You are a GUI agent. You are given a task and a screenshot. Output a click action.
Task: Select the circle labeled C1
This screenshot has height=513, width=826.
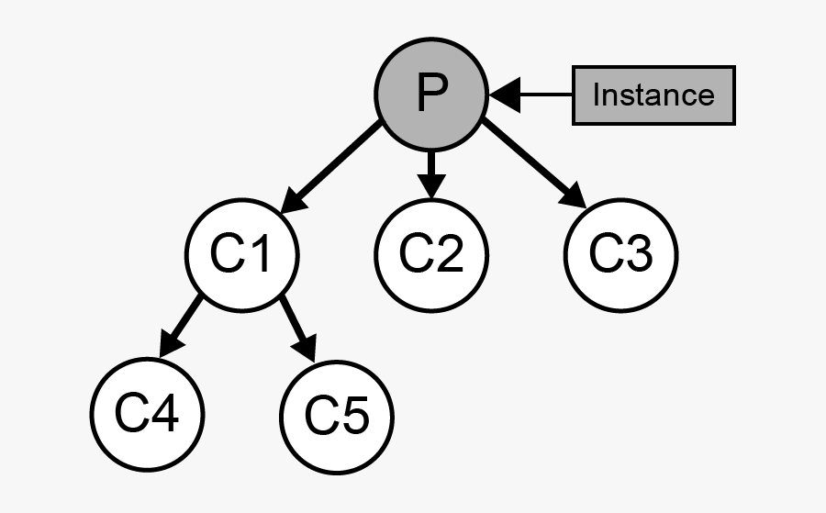[242, 254]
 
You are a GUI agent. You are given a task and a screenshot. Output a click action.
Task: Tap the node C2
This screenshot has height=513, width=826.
[432, 254]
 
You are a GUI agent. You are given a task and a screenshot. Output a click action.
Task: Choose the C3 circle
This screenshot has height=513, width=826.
[620, 254]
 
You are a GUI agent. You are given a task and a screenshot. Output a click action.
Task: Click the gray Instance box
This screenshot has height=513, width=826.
[653, 95]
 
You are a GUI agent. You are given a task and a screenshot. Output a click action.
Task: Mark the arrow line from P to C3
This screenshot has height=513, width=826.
[528, 160]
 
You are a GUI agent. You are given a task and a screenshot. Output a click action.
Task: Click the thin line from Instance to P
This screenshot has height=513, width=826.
[547, 94]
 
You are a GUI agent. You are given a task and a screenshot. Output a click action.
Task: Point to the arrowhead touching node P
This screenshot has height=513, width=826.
[504, 94]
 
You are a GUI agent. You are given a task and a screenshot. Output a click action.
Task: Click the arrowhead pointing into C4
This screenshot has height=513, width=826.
[170, 347]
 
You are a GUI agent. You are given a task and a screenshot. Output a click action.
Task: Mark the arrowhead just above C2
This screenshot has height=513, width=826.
[432, 186]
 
